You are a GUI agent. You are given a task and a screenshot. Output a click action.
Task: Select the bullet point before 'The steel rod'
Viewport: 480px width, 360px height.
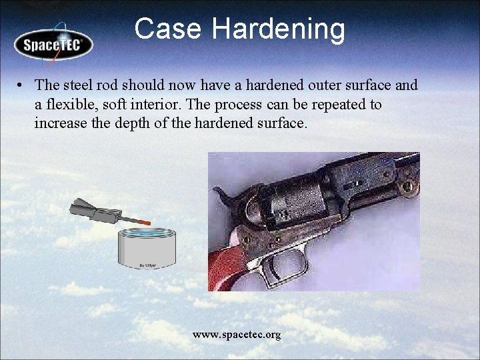coord(22,85)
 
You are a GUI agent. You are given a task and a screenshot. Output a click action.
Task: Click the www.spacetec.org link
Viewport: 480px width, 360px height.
coord(237,334)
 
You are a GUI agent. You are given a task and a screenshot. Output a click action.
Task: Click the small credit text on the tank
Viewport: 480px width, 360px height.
coord(149,265)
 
